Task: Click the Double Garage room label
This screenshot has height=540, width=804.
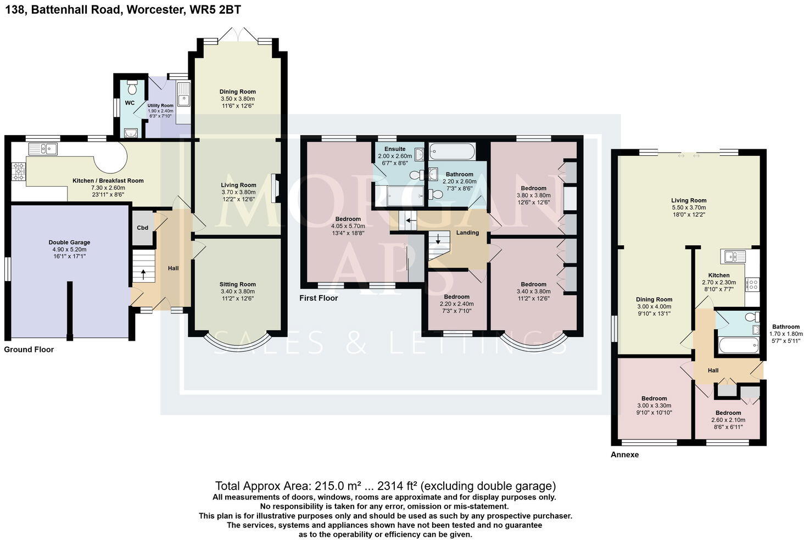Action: [69, 242]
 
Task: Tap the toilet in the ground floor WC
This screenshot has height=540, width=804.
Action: [132, 87]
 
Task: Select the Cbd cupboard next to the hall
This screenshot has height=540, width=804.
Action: [142, 228]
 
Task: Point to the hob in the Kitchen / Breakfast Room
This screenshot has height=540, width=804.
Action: [18, 172]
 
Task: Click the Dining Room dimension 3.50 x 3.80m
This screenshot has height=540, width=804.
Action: [238, 99]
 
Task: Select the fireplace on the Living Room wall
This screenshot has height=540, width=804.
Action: [275, 188]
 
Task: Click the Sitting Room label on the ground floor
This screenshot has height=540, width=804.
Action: [238, 284]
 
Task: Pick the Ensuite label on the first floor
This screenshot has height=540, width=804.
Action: [395, 149]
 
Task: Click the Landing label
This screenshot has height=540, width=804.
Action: [467, 233]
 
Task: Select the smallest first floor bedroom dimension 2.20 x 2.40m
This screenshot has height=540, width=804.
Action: [456, 303]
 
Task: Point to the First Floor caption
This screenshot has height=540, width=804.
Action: [319, 298]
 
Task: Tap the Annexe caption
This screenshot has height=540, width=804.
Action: [625, 454]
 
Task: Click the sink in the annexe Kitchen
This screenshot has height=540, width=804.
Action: [734, 256]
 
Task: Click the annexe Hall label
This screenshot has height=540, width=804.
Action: [713, 370]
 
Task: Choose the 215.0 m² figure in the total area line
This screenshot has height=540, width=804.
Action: [336, 486]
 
